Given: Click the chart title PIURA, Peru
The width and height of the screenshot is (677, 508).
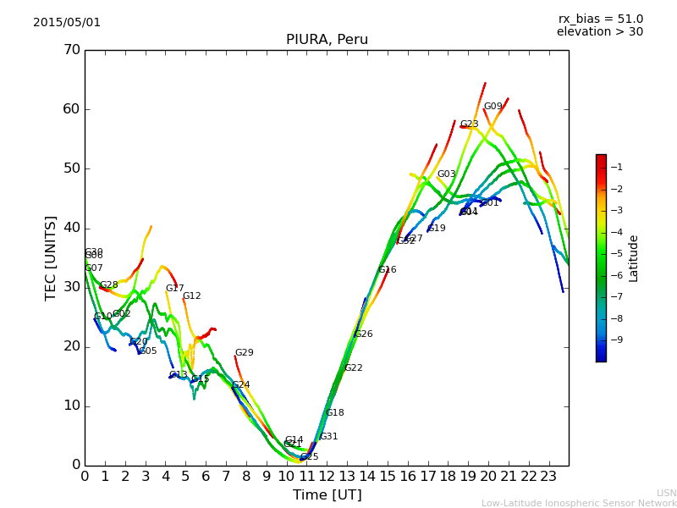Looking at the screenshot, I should pos(327,40).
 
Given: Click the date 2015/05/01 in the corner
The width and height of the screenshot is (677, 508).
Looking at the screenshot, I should pos(67,23).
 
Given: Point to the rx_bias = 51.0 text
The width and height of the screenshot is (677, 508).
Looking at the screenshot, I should pos(600,19).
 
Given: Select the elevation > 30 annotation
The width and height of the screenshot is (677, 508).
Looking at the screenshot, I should pos(599,32).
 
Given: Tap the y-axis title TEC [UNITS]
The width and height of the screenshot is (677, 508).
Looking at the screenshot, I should pos(51,257).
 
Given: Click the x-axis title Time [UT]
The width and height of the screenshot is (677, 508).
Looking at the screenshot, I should pos(327,495).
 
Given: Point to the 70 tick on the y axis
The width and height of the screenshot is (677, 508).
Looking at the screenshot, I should pos(71,50).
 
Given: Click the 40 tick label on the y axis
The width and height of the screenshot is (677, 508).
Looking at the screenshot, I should pos(71,228).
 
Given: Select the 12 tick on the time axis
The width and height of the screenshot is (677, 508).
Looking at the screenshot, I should pos(327,477).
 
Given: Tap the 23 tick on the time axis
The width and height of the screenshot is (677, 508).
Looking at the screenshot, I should pos(548,477).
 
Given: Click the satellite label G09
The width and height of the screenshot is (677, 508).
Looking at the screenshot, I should pos(493,107).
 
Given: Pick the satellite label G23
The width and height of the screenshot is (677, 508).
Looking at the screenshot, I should pos(470,124).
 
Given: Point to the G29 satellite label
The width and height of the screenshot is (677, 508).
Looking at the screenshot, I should pos(245,353).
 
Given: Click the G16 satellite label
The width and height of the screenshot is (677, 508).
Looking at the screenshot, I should pos(388,270).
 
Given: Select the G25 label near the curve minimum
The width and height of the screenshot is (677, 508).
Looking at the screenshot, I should pos(310,457).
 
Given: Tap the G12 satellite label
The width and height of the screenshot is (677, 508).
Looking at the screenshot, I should pos(192,296).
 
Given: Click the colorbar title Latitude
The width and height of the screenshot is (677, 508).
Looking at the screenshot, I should pos(634,258).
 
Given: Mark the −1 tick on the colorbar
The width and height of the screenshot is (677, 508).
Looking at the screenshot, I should pos(617,167).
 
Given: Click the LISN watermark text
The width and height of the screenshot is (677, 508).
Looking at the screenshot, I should pos(667,493).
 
